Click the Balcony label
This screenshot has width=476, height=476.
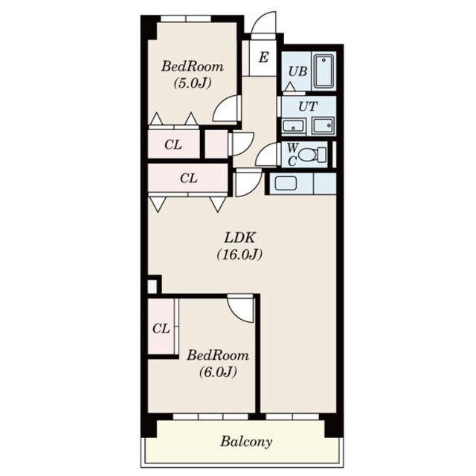coord(246,441)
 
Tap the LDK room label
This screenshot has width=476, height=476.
coord(239,238)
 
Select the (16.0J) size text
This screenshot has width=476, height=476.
coord(239,254)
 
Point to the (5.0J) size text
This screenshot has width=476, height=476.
coord(192,83)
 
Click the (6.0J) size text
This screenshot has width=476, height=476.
coord(218,372)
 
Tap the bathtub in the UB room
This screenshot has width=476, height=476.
coord(324,71)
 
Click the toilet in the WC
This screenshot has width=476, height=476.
coord(312,155)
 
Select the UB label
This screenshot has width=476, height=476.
coord(297,71)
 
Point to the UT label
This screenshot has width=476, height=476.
coord(308,106)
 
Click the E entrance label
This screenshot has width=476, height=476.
coord(263,57)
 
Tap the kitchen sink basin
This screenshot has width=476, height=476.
coord(286,184)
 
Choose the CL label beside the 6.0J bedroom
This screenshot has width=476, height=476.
coord(161,329)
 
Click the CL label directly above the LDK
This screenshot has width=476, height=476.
coord(188,178)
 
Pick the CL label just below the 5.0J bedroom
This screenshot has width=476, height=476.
coord(173,145)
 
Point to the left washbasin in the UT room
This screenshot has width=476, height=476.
coord(293,126)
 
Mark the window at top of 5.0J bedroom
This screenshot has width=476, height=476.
coord(186,19)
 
